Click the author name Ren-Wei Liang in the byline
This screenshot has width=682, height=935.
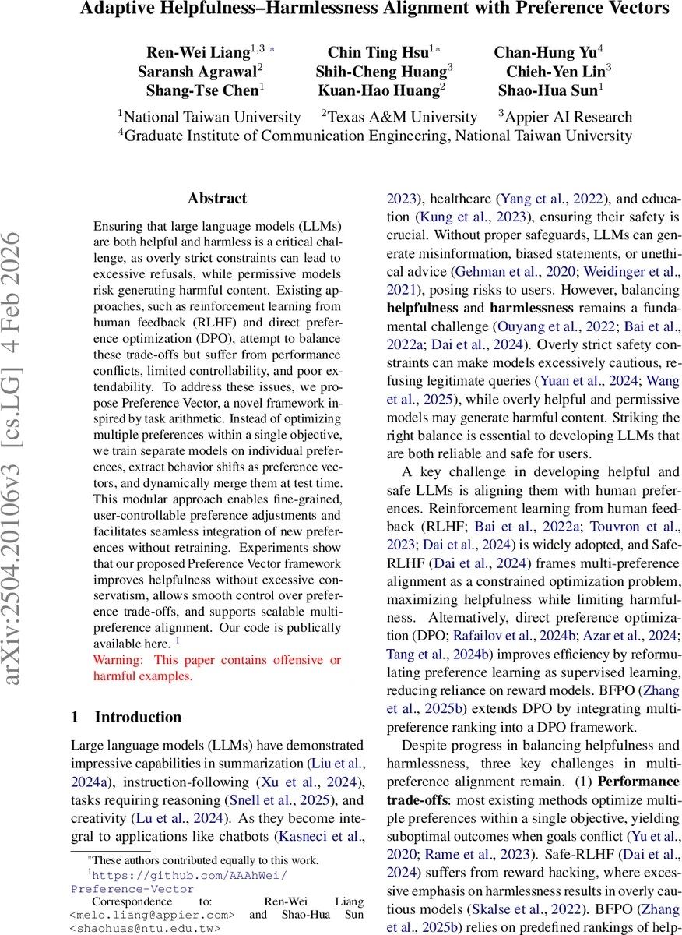pyautogui.click(x=199, y=53)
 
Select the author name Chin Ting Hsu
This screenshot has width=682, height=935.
pyautogui.click(x=378, y=53)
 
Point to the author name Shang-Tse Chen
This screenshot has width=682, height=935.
pyautogui.click(x=202, y=90)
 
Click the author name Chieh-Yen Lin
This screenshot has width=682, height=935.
pyautogui.click(x=554, y=71)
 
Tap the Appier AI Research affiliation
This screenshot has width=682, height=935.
pyautogui.click(x=568, y=117)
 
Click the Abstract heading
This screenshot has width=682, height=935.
pyautogui.click(x=217, y=199)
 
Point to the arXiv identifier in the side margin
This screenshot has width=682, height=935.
pyautogui.click(x=17, y=499)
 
